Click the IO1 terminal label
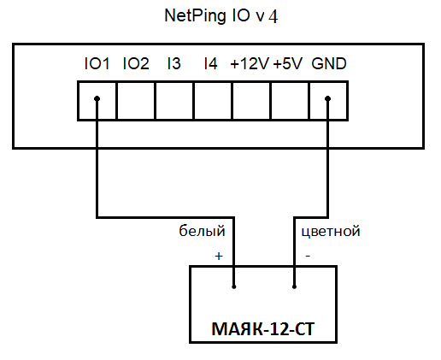[x=97, y=63]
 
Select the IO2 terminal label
[x=136, y=63]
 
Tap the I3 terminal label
[x=173, y=63]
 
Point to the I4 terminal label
[x=211, y=63]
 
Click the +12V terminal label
[x=250, y=63]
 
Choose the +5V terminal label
[x=287, y=63]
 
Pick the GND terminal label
[x=329, y=63]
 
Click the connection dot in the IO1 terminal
[x=97, y=98]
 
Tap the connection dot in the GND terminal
[x=327, y=98]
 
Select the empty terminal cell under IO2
[x=136, y=101]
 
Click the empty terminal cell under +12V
[x=251, y=101]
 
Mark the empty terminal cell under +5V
[x=290, y=101]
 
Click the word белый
[x=202, y=231]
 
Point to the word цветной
[x=331, y=232]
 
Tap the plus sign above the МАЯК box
[x=219, y=256]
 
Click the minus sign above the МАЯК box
[x=308, y=256]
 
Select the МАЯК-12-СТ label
[x=263, y=329]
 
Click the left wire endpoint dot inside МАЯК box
[x=234, y=286]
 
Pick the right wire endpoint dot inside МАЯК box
[x=294, y=286]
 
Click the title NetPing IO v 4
[x=221, y=15]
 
